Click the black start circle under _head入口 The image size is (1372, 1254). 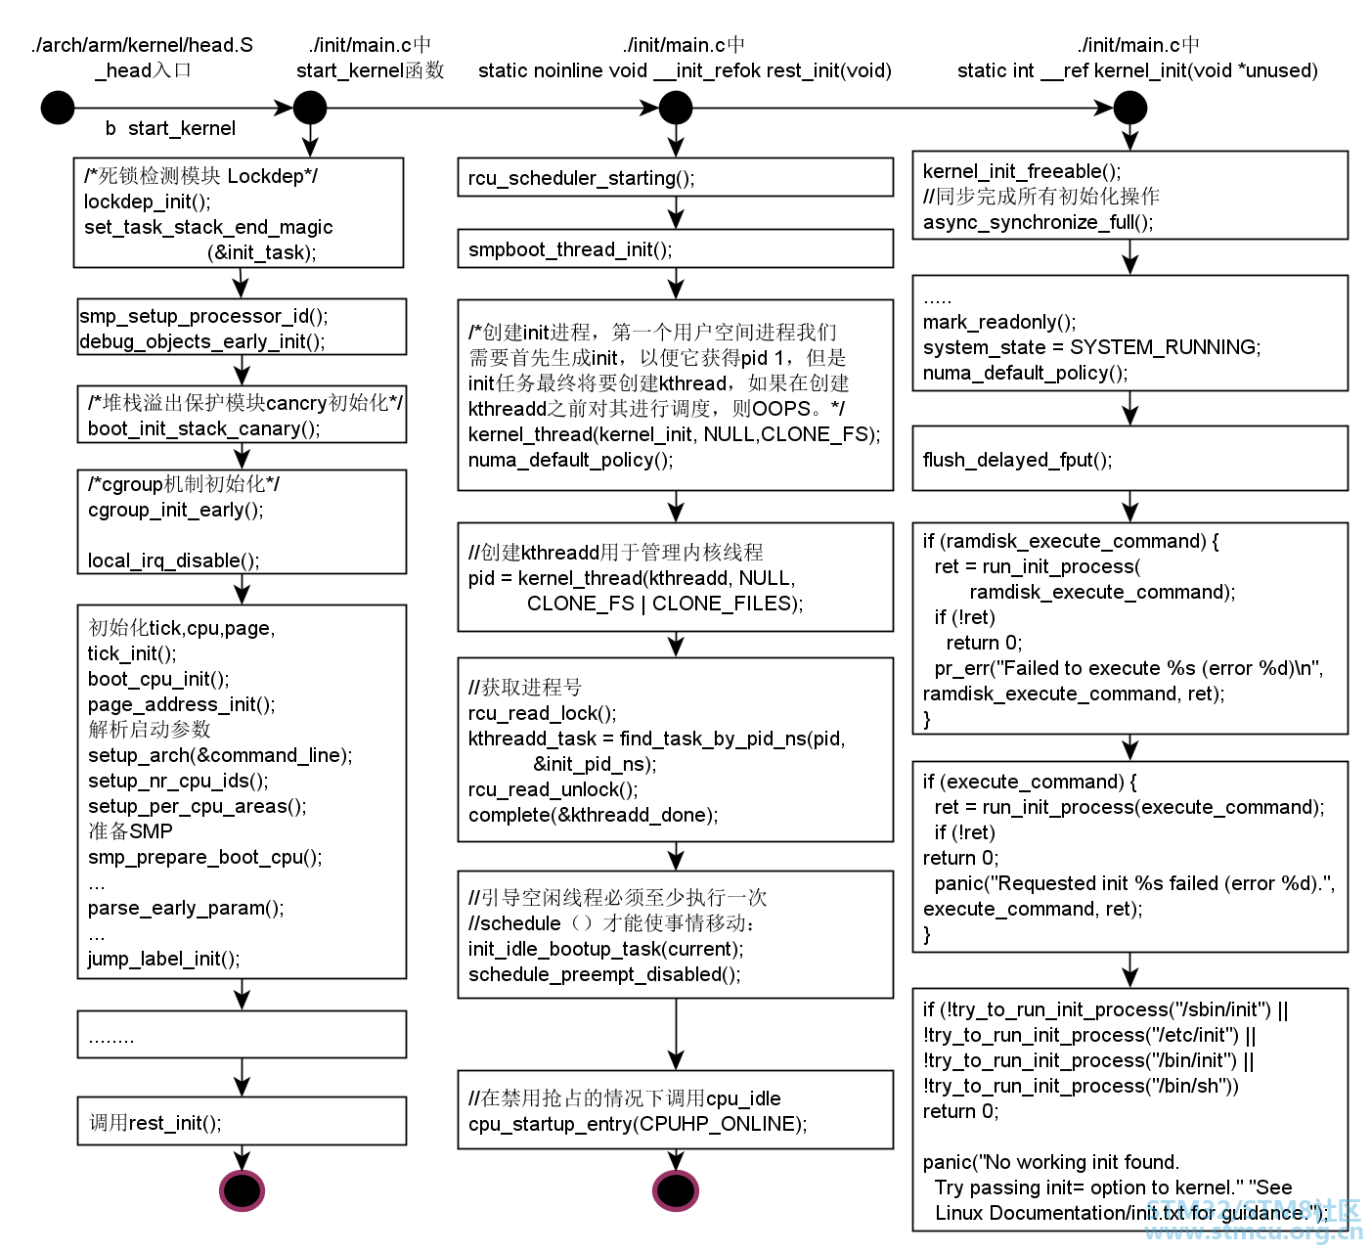coord(58,108)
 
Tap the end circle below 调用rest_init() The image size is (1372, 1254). coord(242,1190)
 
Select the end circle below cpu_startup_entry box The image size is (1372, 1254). coord(675,1190)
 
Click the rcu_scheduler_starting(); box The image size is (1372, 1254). coord(675,178)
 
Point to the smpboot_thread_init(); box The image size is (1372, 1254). coord(675,249)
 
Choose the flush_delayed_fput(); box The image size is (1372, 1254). coord(1129,459)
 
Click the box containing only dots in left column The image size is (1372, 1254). coord(242,1035)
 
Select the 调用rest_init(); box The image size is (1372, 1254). coord(242,1121)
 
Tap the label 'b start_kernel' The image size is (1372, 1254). coord(170,128)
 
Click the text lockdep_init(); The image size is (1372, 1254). coord(148,202)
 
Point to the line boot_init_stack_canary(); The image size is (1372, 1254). coord(203,428)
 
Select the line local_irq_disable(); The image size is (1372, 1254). coord(173,560)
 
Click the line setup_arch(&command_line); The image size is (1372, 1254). coord(220,755)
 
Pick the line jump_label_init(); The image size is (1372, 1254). coord(163,959)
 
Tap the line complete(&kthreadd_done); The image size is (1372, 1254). coord(593,815)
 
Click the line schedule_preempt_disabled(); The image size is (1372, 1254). coord(604,974)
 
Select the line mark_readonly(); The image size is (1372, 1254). coord(998,322)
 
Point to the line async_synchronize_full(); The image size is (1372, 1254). coord(1038,222)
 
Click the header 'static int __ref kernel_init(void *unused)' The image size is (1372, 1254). coord(1137,70)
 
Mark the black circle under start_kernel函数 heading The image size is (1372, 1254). coord(310,108)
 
